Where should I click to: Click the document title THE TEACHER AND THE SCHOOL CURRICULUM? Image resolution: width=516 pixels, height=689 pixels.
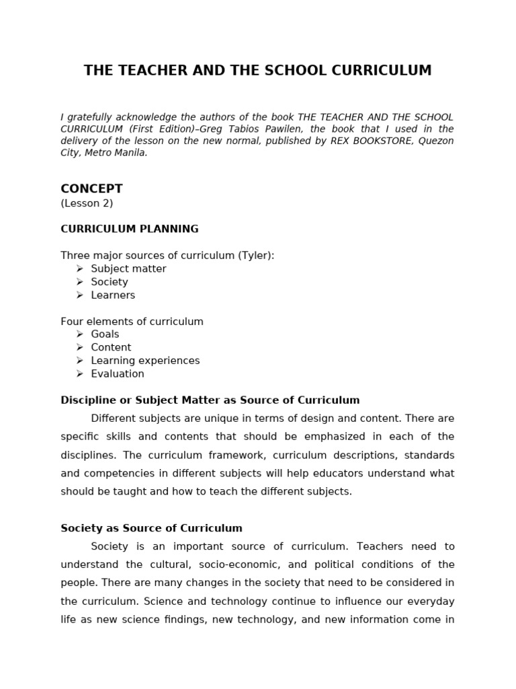click(x=257, y=71)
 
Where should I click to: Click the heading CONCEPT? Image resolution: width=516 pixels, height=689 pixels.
click(x=91, y=188)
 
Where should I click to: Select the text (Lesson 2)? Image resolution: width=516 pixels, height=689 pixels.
click(x=87, y=203)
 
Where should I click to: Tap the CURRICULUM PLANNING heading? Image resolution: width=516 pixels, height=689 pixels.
click(x=129, y=229)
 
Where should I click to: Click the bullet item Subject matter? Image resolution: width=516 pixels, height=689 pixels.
click(x=128, y=268)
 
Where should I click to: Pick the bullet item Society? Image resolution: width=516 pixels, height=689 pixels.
click(x=109, y=282)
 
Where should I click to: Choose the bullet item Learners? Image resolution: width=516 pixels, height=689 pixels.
click(x=113, y=295)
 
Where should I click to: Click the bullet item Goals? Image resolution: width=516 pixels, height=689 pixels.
click(x=105, y=334)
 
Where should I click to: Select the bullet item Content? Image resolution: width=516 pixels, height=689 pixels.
click(x=111, y=347)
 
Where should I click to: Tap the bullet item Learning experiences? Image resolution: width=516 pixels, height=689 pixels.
click(x=145, y=361)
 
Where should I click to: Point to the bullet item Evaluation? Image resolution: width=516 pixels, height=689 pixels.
click(x=118, y=373)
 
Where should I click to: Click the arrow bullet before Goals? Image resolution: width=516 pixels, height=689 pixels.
click(x=79, y=334)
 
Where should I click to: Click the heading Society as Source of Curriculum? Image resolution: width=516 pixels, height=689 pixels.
click(x=151, y=528)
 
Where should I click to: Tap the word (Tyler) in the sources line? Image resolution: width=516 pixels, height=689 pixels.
click(x=255, y=255)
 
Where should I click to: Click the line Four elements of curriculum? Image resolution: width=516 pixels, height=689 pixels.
click(x=132, y=322)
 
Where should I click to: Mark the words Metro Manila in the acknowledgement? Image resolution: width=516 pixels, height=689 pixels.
click(x=116, y=153)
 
